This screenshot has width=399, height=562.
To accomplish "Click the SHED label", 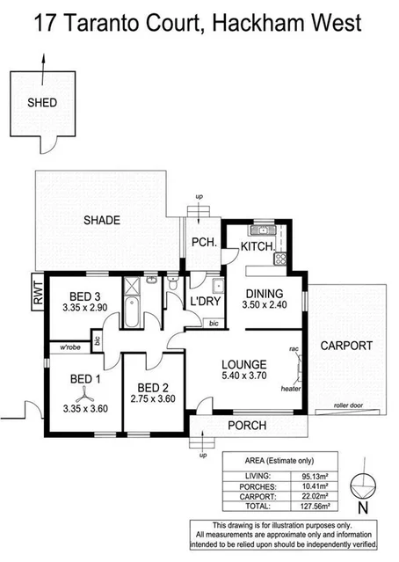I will pyautogui.click(x=41, y=103).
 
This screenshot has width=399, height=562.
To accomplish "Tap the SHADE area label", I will pyautogui.click(x=102, y=220).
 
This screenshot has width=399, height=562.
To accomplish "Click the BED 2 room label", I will pyautogui.click(x=151, y=388).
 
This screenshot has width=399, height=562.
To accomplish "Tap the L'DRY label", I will pyautogui.click(x=206, y=303).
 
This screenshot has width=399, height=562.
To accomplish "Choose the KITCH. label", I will pyautogui.click(x=256, y=248).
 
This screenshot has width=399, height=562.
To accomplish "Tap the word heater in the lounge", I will pyautogui.click(x=290, y=386).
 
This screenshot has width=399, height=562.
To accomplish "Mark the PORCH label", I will pyautogui.click(x=246, y=427).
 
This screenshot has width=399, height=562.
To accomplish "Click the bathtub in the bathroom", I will pyautogui.click(x=133, y=310).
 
